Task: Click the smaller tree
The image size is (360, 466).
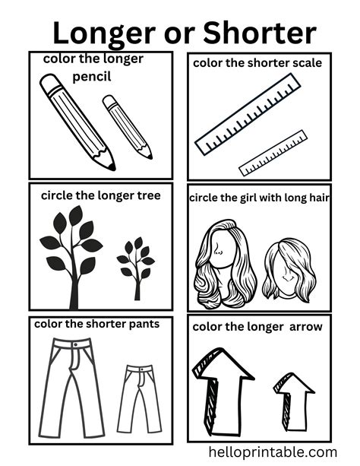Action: click(136, 267)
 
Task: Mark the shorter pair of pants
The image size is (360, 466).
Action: click(139, 397)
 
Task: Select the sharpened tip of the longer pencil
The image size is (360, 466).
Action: click(111, 166)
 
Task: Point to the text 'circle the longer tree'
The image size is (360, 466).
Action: click(100, 195)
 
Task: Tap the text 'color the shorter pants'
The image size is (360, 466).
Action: click(96, 324)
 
